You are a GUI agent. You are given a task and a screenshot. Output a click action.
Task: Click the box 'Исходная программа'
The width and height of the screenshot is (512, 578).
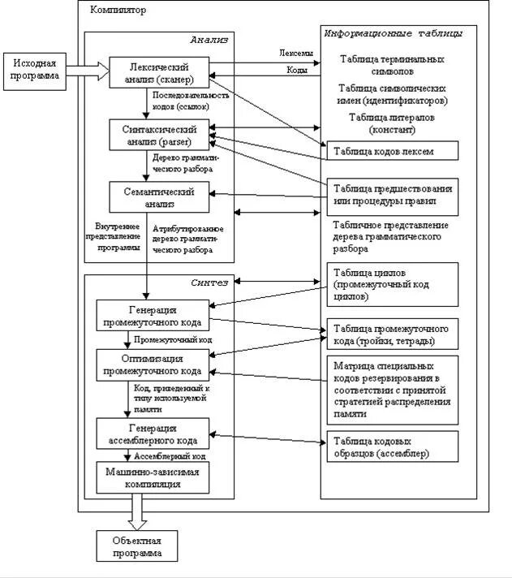(35, 71)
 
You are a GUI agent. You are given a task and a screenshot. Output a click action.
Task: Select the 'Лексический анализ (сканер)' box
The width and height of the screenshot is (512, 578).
(159, 72)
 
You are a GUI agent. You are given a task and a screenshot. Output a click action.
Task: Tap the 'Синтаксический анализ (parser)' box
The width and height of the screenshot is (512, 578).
(159, 135)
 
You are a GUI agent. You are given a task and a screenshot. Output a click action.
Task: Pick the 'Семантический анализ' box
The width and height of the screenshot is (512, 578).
(159, 196)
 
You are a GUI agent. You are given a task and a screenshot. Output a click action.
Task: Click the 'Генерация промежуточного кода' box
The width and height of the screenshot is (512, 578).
(153, 315)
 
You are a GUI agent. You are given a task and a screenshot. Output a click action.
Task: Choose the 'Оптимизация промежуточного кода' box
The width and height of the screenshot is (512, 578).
(153, 365)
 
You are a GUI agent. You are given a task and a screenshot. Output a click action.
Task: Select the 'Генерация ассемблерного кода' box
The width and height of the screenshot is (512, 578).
(153, 433)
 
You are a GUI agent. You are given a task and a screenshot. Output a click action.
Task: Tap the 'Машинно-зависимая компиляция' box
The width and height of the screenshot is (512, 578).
(153, 477)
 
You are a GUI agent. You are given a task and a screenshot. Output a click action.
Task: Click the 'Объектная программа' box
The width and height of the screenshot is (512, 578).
(137, 546)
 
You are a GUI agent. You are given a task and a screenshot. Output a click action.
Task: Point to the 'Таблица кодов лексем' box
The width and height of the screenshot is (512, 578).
(393, 150)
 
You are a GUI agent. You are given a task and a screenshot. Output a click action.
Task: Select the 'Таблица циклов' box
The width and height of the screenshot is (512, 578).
(393, 285)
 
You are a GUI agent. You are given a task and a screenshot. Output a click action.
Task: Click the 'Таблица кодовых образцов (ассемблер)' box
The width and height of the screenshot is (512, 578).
(393, 446)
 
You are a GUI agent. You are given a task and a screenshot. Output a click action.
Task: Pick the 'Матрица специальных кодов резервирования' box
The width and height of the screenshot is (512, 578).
(393, 390)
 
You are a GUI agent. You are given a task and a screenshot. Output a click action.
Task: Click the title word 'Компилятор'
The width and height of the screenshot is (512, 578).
(118, 10)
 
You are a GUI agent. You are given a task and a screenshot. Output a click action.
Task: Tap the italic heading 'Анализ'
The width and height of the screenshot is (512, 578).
(209, 40)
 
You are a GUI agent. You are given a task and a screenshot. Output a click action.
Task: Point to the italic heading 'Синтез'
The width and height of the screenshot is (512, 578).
(209, 283)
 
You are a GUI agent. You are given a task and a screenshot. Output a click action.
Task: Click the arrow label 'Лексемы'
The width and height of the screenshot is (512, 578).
(296, 53)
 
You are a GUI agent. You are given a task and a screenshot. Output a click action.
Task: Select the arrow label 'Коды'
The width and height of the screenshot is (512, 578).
(297, 70)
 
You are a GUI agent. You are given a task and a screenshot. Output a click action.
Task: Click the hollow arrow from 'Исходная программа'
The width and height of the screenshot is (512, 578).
(88, 71)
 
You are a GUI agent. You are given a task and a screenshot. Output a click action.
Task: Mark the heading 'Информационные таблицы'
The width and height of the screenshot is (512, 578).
(393, 33)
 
